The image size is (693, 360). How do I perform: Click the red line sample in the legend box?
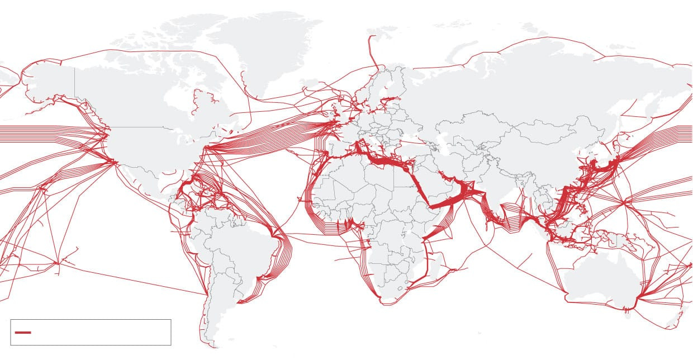tap(23, 333)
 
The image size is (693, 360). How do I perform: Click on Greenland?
tap(268, 50)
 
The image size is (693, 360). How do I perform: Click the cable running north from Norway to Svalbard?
tap(371, 53)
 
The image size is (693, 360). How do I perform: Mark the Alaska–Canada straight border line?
tap(75, 84)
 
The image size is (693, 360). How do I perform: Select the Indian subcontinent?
tap(492, 190)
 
